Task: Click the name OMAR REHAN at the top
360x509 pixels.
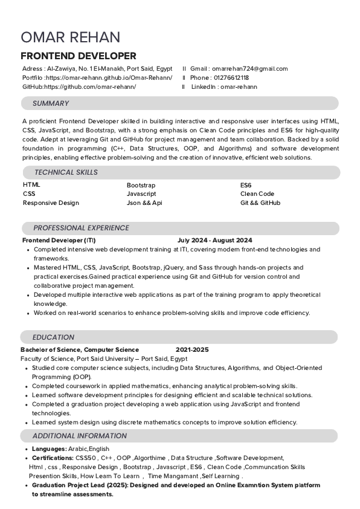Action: pos(70,37)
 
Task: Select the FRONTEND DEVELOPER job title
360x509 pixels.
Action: pos(79,56)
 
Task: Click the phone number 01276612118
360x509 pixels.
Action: pos(231,78)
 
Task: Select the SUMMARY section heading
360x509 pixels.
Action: pos(51,103)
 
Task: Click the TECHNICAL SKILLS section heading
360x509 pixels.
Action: pos(66,172)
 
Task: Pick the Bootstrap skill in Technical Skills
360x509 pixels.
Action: pos(141,185)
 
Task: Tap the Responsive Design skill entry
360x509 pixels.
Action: pos(51,203)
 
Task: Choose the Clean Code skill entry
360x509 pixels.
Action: pos(257,194)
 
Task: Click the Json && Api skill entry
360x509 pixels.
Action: pos(144,203)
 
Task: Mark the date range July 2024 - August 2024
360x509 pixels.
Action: pos(214,241)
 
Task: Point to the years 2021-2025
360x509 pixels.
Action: pos(191,350)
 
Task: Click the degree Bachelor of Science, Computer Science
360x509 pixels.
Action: pos(80,350)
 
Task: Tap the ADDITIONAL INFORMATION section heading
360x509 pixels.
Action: pos(80,436)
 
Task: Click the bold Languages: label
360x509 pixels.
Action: pos(49,449)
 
